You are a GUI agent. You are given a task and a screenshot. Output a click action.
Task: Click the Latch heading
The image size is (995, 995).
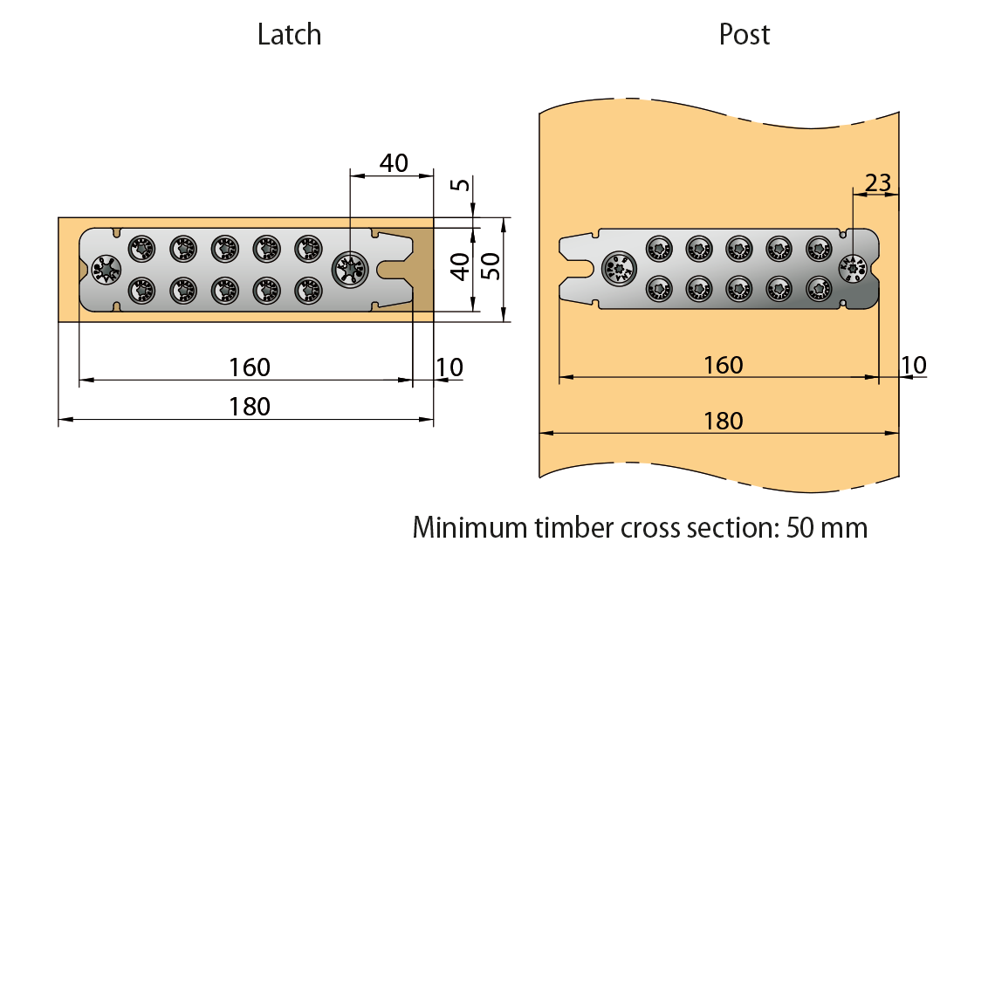click(289, 35)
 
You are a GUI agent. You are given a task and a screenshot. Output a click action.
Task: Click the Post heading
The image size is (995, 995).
click(745, 35)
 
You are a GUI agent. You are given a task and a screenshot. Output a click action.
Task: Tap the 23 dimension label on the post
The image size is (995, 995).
click(877, 182)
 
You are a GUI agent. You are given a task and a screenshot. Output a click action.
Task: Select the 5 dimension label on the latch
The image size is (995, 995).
click(460, 184)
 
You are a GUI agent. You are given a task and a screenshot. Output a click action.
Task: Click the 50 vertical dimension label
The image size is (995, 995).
click(491, 265)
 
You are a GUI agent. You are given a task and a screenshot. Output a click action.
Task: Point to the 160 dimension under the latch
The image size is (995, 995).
click(250, 367)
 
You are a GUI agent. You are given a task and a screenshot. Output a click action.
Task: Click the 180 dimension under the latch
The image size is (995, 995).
click(250, 407)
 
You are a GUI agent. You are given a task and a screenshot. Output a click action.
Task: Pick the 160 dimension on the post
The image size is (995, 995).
click(724, 365)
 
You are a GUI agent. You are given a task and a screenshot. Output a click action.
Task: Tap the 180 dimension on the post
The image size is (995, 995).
click(724, 421)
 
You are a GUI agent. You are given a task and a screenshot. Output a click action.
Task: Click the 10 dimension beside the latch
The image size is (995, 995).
click(449, 367)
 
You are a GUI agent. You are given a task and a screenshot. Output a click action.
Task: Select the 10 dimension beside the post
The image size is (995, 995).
click(913, 365)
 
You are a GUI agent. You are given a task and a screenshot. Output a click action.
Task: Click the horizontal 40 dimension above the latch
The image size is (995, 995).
click(394, 163)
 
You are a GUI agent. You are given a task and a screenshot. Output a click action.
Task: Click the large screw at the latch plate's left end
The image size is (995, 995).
click(106, 269)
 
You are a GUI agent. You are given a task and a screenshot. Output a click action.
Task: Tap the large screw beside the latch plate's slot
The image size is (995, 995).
click(351, 269)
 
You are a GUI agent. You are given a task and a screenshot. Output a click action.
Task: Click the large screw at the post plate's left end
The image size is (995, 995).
click(620, 268)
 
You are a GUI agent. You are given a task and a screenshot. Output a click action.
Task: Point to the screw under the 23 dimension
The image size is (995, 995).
click(853, 269)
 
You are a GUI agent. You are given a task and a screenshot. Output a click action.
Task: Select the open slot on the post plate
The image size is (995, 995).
click(576, 268)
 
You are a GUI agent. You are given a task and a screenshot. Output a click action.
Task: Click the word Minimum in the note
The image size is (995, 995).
click(470, 528)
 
